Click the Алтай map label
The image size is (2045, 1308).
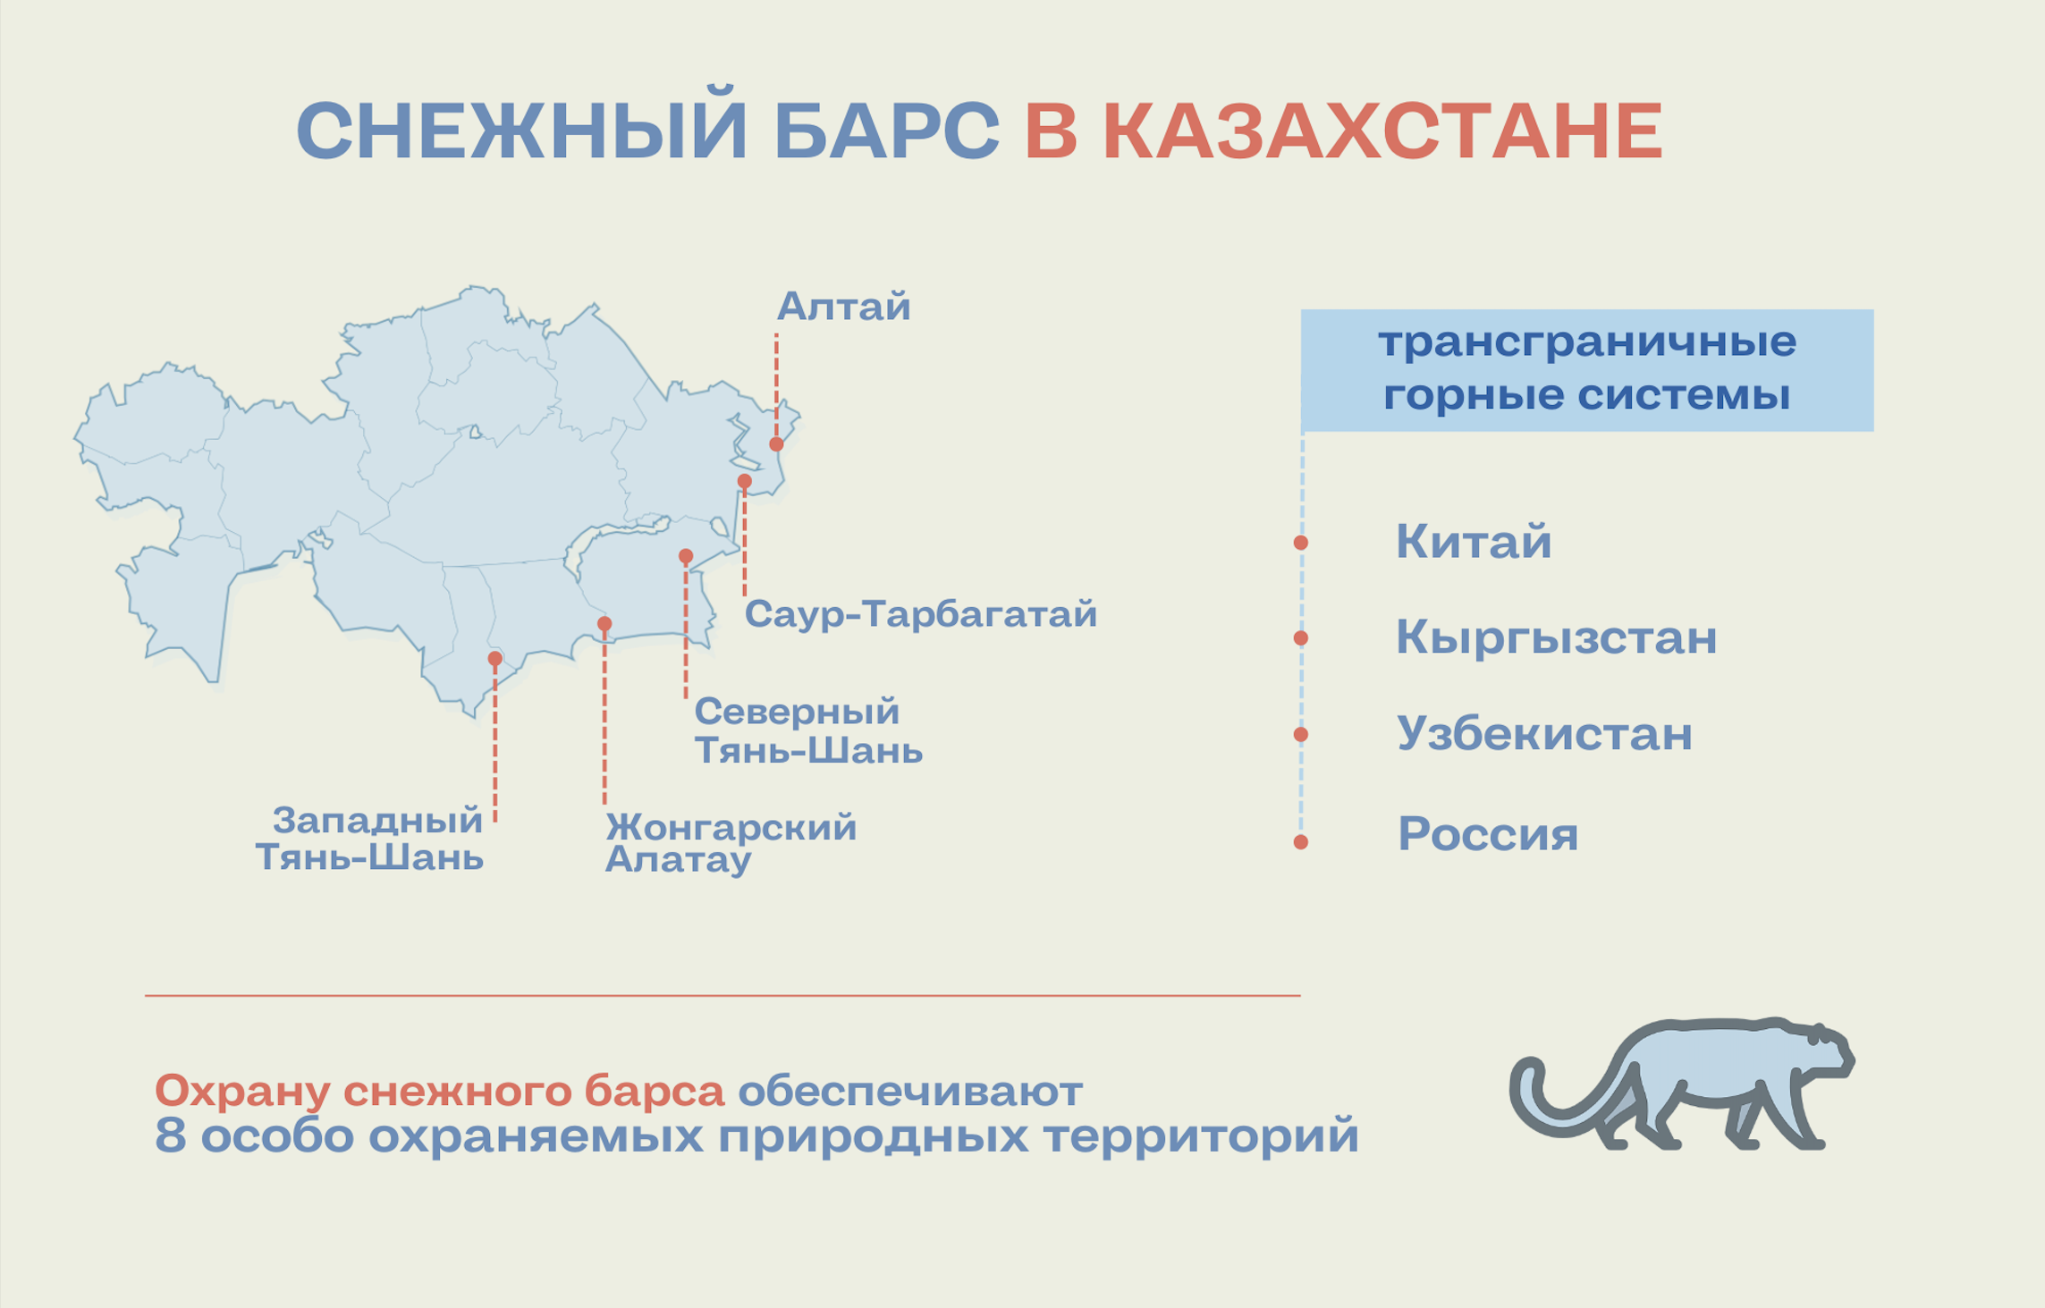pos(843,307)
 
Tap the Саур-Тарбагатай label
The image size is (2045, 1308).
pos(921,614)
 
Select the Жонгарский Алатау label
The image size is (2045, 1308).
pos(731,843)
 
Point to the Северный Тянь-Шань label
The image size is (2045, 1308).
pos(808,731)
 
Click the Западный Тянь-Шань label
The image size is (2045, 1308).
pos(369,839)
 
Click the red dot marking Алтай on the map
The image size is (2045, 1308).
pos(776,444)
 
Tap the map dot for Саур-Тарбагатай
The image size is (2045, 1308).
pos(744,481)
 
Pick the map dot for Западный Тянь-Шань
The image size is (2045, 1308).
pos(494,659)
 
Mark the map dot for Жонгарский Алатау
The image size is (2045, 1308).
pos(604,623)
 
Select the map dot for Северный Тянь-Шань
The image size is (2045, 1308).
pos(686,556)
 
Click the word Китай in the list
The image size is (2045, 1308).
pos(1474,542)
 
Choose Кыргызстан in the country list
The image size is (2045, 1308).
pos(1557,638)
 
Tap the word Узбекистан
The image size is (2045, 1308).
pos(1544,733)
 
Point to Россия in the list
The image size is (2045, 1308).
pos(1488,834)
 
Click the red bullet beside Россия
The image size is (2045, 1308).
pos(1301,842)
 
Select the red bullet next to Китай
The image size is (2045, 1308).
pos(1301,543)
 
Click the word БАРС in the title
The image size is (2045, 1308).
pos(887,131)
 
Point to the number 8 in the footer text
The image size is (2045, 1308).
pos(170,1136)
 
